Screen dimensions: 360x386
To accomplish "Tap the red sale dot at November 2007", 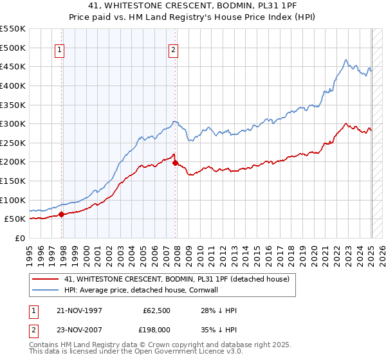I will click(176, 163).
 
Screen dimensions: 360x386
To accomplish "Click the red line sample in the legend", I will click(45, 279).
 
